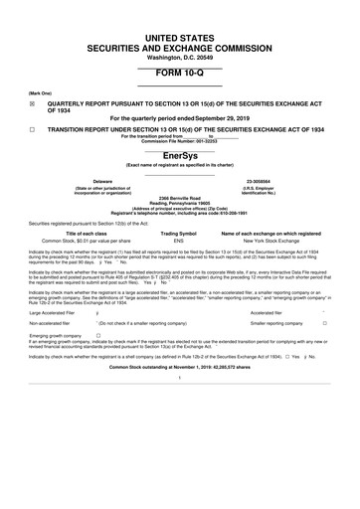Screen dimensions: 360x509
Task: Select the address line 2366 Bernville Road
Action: click(180, 199)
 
